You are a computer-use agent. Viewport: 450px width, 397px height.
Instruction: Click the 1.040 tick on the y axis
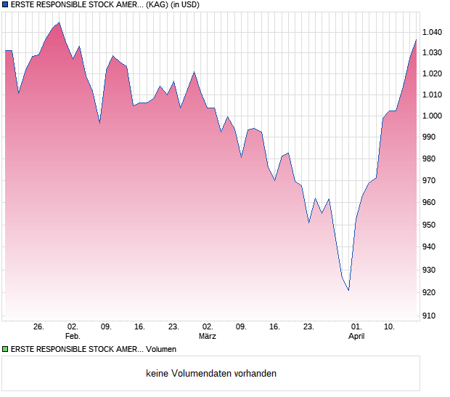click(433, 32)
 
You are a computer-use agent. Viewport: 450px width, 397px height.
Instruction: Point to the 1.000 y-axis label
click(433, 116)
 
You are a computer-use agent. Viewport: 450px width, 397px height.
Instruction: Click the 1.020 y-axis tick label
click(433, 73)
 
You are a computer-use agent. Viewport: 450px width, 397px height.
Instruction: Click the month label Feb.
click(73, 337)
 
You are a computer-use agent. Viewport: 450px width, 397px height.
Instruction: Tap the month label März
click(208, 337)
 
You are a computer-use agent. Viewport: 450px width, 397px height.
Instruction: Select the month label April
click(356, 337)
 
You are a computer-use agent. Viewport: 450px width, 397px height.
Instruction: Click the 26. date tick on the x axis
click(39, 327)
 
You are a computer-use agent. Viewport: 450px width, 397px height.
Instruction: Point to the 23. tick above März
click(173, 327)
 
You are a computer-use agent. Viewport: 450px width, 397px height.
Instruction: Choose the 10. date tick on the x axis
click(390, 327)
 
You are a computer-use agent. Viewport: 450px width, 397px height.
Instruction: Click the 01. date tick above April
click(356, 327)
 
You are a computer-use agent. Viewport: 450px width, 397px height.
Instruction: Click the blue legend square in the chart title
click(5, 4)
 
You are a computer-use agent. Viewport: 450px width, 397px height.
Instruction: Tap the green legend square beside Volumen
click(5, 349)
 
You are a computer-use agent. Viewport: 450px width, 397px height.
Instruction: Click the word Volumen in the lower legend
click(160, 349)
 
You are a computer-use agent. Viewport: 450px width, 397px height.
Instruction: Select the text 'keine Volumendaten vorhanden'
click(210, 374)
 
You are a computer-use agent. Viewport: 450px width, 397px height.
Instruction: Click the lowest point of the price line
click(349, 291)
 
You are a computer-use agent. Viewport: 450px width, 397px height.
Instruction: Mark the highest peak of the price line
click(59, 23)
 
